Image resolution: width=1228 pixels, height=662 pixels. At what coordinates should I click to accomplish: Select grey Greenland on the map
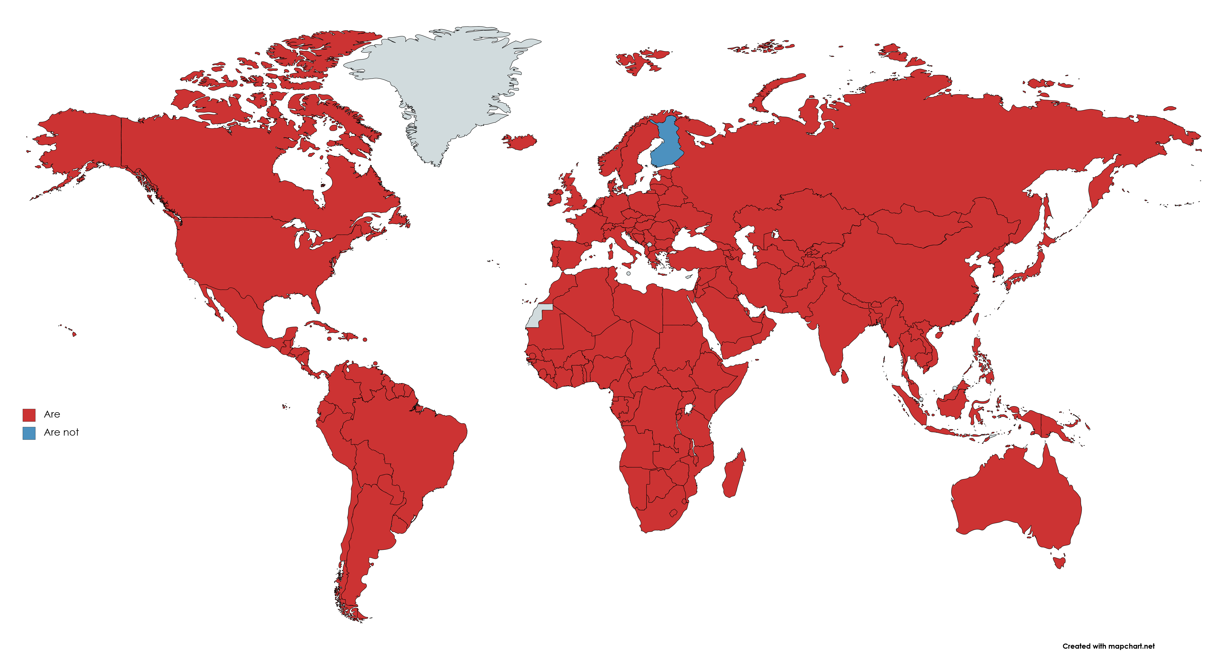pyautogui.click(x=443, y=86)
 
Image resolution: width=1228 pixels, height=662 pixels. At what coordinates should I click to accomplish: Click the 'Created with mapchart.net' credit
pyautogui.click(x=1108, y=646)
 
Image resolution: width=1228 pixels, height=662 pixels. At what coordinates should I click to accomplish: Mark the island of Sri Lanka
pyautogui.click(x=844, y=377)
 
